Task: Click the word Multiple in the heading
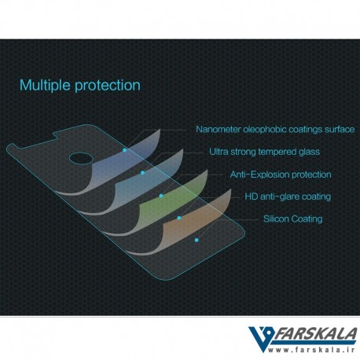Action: pos(45,85)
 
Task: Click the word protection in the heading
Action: pos(108,86)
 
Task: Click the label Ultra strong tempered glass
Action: pos(264,152)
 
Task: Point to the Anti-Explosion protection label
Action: pos(281,174)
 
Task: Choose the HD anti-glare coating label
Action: pos(288,197)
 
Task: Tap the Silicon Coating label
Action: pos(292,219)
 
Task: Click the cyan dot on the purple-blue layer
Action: pos(125,150)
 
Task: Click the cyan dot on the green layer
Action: pos(161,196)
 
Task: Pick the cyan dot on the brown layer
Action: pos(179,218)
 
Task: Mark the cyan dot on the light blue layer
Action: pos(142,173)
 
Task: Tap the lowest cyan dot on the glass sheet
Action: pos(197,240)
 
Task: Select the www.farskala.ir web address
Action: pos(311,350)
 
